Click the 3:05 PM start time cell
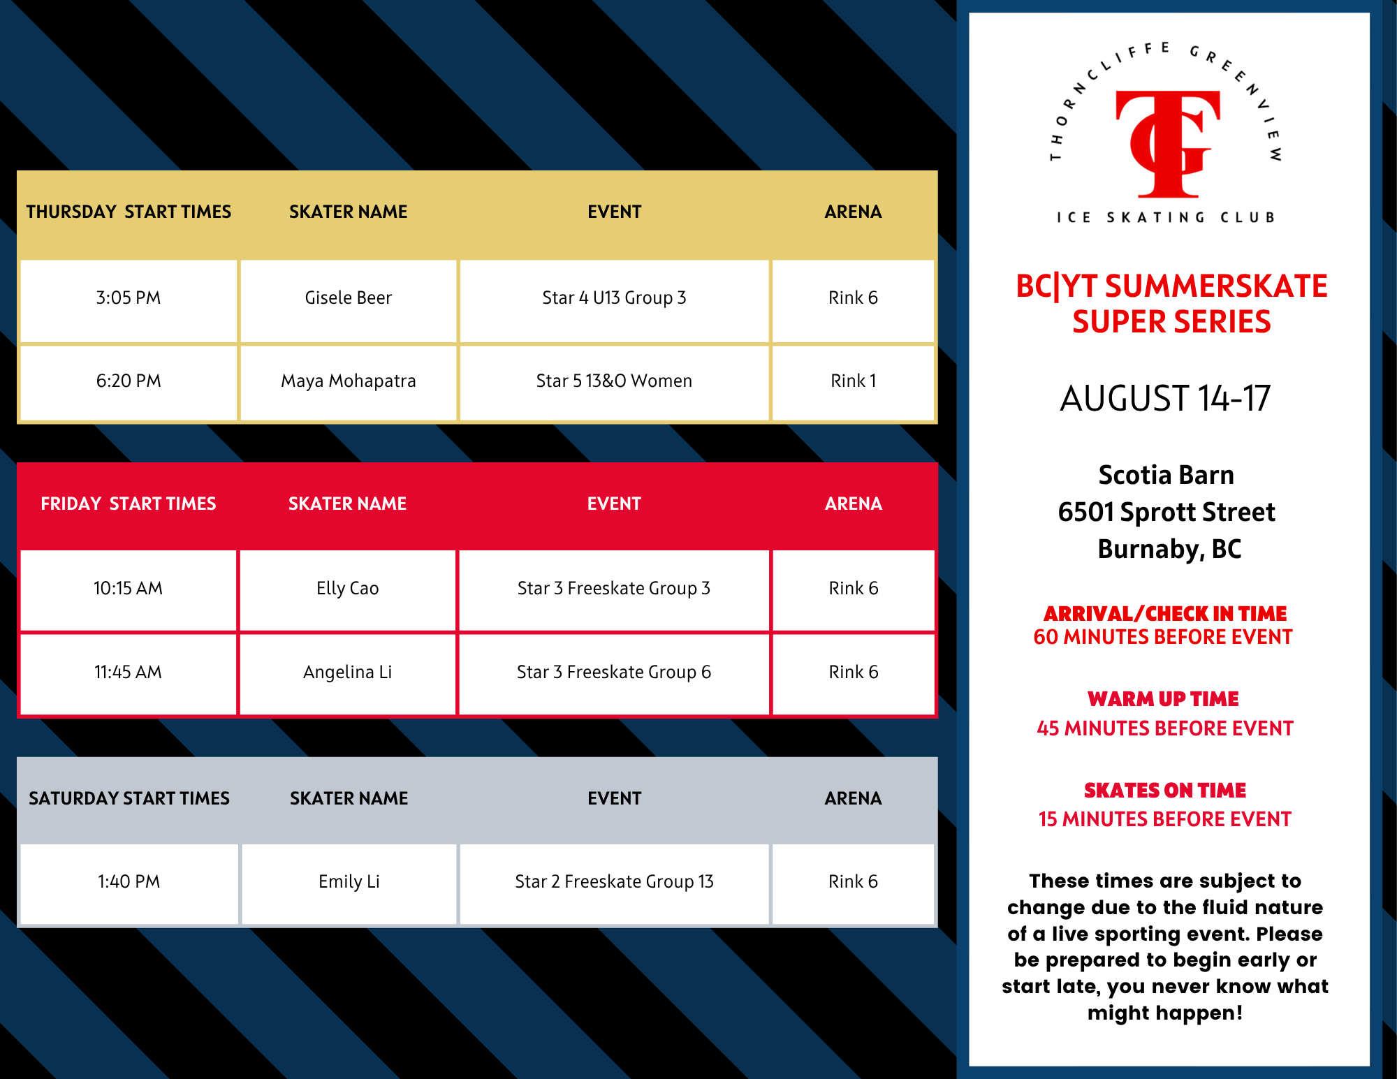tap(129, 298)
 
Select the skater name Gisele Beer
tap(349, 298)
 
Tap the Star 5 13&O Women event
tap(614, 381)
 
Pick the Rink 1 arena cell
tap(853, 381)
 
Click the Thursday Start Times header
tap(129, 212)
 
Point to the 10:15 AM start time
tap(129, 588)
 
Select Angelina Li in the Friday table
tap(348, 672)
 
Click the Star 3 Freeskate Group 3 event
tap(614, 588)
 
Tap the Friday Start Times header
tap(129, 504)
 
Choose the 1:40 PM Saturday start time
tap(129, 881)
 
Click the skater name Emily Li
tap(349, 881)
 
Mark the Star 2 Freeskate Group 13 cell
tap(614, 881)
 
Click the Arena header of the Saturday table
tap(853, 798)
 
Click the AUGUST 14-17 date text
tap(1165, 398)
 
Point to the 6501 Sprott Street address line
tap(1166, 512)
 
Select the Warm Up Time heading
tap(1164, 698)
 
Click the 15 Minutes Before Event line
tap(1165, 819)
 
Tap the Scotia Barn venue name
tap(1166, 475)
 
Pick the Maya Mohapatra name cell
tap(349, 381)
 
